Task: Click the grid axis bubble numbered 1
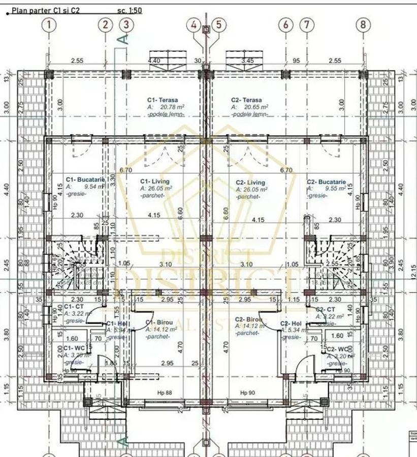tap(49, 24)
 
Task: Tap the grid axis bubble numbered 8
tap(363, 24)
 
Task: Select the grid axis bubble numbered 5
tap(218, 24)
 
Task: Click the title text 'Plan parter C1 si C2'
tap(45, 10)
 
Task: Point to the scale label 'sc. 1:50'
tap(129, 10)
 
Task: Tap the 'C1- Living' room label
tap(155, 181)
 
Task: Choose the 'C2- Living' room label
tap(250, 182)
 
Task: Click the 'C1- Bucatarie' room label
tap(85, 180)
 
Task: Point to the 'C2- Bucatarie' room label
tap(326, 181)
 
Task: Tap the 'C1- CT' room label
tap(74, 307)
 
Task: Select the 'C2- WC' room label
tap(338, 349)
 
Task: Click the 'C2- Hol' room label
tap(292, 323)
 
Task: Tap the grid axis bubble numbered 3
tap(126, 24)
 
